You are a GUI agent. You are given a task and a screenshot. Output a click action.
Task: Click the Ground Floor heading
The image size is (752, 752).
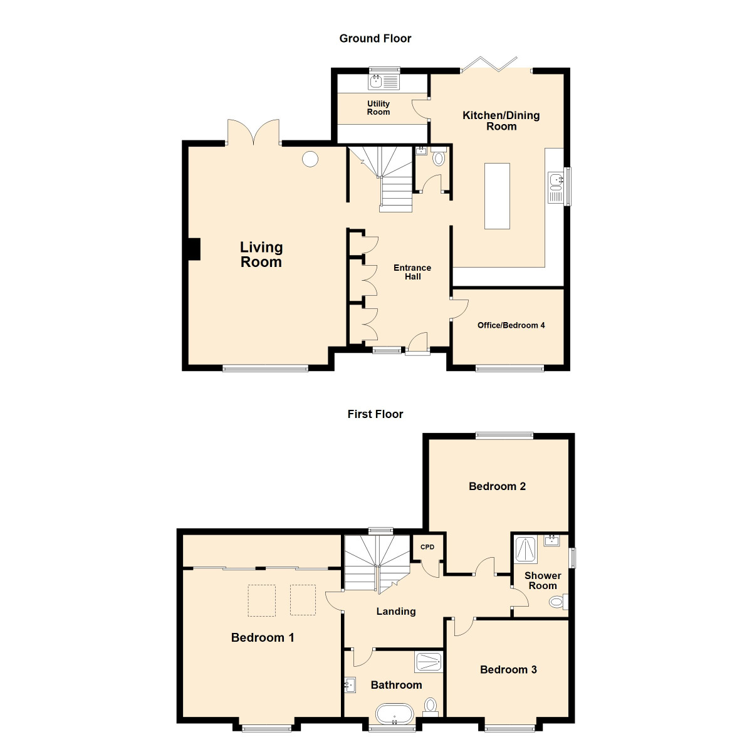[x=375, y=38]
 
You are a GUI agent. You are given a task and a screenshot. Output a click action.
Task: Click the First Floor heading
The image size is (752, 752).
[x=375, y=414]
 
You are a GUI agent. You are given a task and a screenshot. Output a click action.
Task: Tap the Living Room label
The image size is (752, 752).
[x=261, y=254]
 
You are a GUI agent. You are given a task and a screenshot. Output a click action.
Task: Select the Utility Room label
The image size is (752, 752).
[x=378, y=108]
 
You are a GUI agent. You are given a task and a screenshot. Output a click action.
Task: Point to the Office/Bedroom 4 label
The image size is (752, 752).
[x=511, y=325]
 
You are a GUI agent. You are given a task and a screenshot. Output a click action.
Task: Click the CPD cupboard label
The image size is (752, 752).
[x=427, y=546]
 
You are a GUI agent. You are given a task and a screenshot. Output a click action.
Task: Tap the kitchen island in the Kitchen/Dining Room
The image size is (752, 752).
[x=497, y=196]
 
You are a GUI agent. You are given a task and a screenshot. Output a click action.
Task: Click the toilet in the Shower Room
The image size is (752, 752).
[x=558, y=602]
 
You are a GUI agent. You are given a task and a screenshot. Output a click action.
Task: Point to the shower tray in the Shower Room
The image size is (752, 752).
[x=525, y=550]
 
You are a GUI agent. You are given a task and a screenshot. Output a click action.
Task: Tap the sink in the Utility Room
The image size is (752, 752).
[x=376, y=81]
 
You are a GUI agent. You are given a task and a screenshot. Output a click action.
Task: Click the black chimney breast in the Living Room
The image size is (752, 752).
[x=194, y=249]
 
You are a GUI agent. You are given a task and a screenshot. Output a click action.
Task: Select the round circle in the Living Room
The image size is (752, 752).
[x=310, y=159]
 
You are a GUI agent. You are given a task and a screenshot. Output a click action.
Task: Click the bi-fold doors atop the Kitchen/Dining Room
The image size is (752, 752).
[x=489, y=65]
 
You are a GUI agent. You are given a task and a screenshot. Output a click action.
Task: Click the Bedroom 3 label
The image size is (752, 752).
[x=508, y=670]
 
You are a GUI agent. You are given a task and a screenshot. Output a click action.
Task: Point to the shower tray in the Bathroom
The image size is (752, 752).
[x=429, y=662]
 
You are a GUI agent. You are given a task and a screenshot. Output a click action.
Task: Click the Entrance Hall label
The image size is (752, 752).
[x=412, y=272]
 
